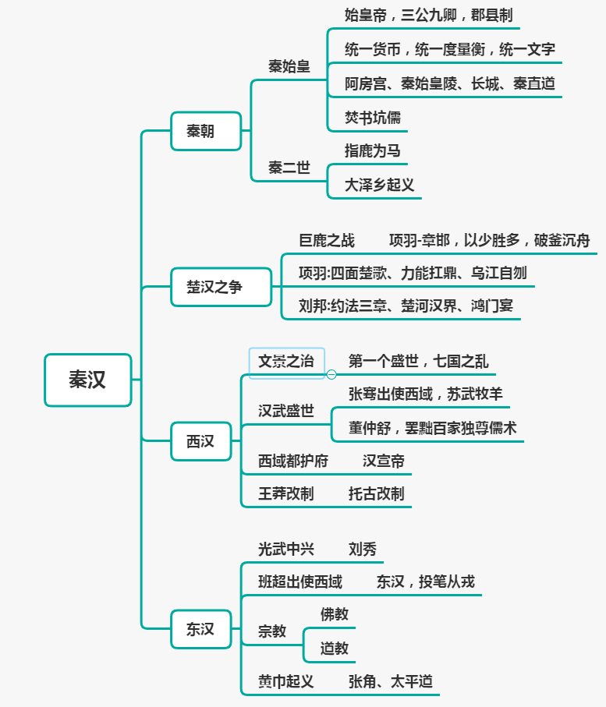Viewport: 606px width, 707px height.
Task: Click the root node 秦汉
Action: [87, 380]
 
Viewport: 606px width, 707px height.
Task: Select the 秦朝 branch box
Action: [200, 131]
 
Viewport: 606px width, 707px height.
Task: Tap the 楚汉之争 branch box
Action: [214, 287]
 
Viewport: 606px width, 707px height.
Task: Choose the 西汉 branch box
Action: [200, 441]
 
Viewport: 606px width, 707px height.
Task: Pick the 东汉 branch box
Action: [200, 629]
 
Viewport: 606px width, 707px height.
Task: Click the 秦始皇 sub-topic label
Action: [289, 67]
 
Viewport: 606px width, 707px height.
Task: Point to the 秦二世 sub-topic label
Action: [289, 168]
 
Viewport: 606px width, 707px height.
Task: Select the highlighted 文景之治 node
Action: [286, 362]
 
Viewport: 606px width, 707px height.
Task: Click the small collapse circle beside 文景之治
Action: [331, 374]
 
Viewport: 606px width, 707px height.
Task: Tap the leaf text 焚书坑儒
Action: [373, 118]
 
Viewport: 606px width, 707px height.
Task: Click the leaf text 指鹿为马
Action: [373, 150]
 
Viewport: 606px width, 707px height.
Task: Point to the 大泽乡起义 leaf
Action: [380, 186]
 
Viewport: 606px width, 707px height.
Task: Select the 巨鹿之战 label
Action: [327, 240]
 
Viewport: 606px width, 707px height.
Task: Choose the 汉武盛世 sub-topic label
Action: [286, 411]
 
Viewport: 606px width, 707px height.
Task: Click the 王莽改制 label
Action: [286, 493]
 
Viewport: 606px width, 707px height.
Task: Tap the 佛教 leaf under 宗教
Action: [335, 614]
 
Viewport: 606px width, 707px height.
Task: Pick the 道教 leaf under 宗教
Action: [335, 648]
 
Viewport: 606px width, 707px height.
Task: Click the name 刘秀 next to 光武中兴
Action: [363, 549]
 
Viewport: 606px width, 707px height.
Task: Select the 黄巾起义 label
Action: [286, 681]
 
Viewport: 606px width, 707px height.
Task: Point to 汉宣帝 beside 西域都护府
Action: [384, 461]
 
